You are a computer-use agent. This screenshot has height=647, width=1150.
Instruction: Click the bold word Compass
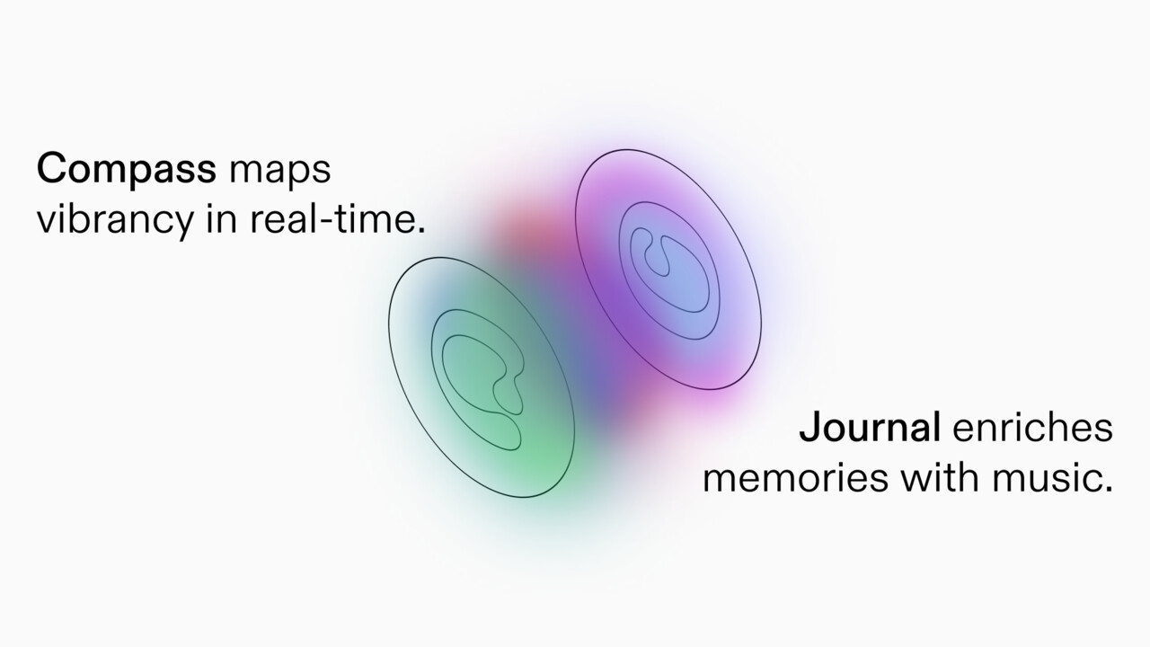coord(126,169)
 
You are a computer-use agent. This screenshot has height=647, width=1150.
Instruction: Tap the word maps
coord(280,171)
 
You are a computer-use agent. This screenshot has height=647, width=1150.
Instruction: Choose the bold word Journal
coord(869,428)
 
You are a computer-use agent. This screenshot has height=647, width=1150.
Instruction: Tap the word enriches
coord(1032,428)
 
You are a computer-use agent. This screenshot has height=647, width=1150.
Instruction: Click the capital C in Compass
coord(53,169)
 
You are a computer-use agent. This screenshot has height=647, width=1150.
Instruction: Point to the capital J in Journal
coord(810,428)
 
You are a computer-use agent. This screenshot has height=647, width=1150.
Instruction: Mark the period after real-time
coord(420,229)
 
